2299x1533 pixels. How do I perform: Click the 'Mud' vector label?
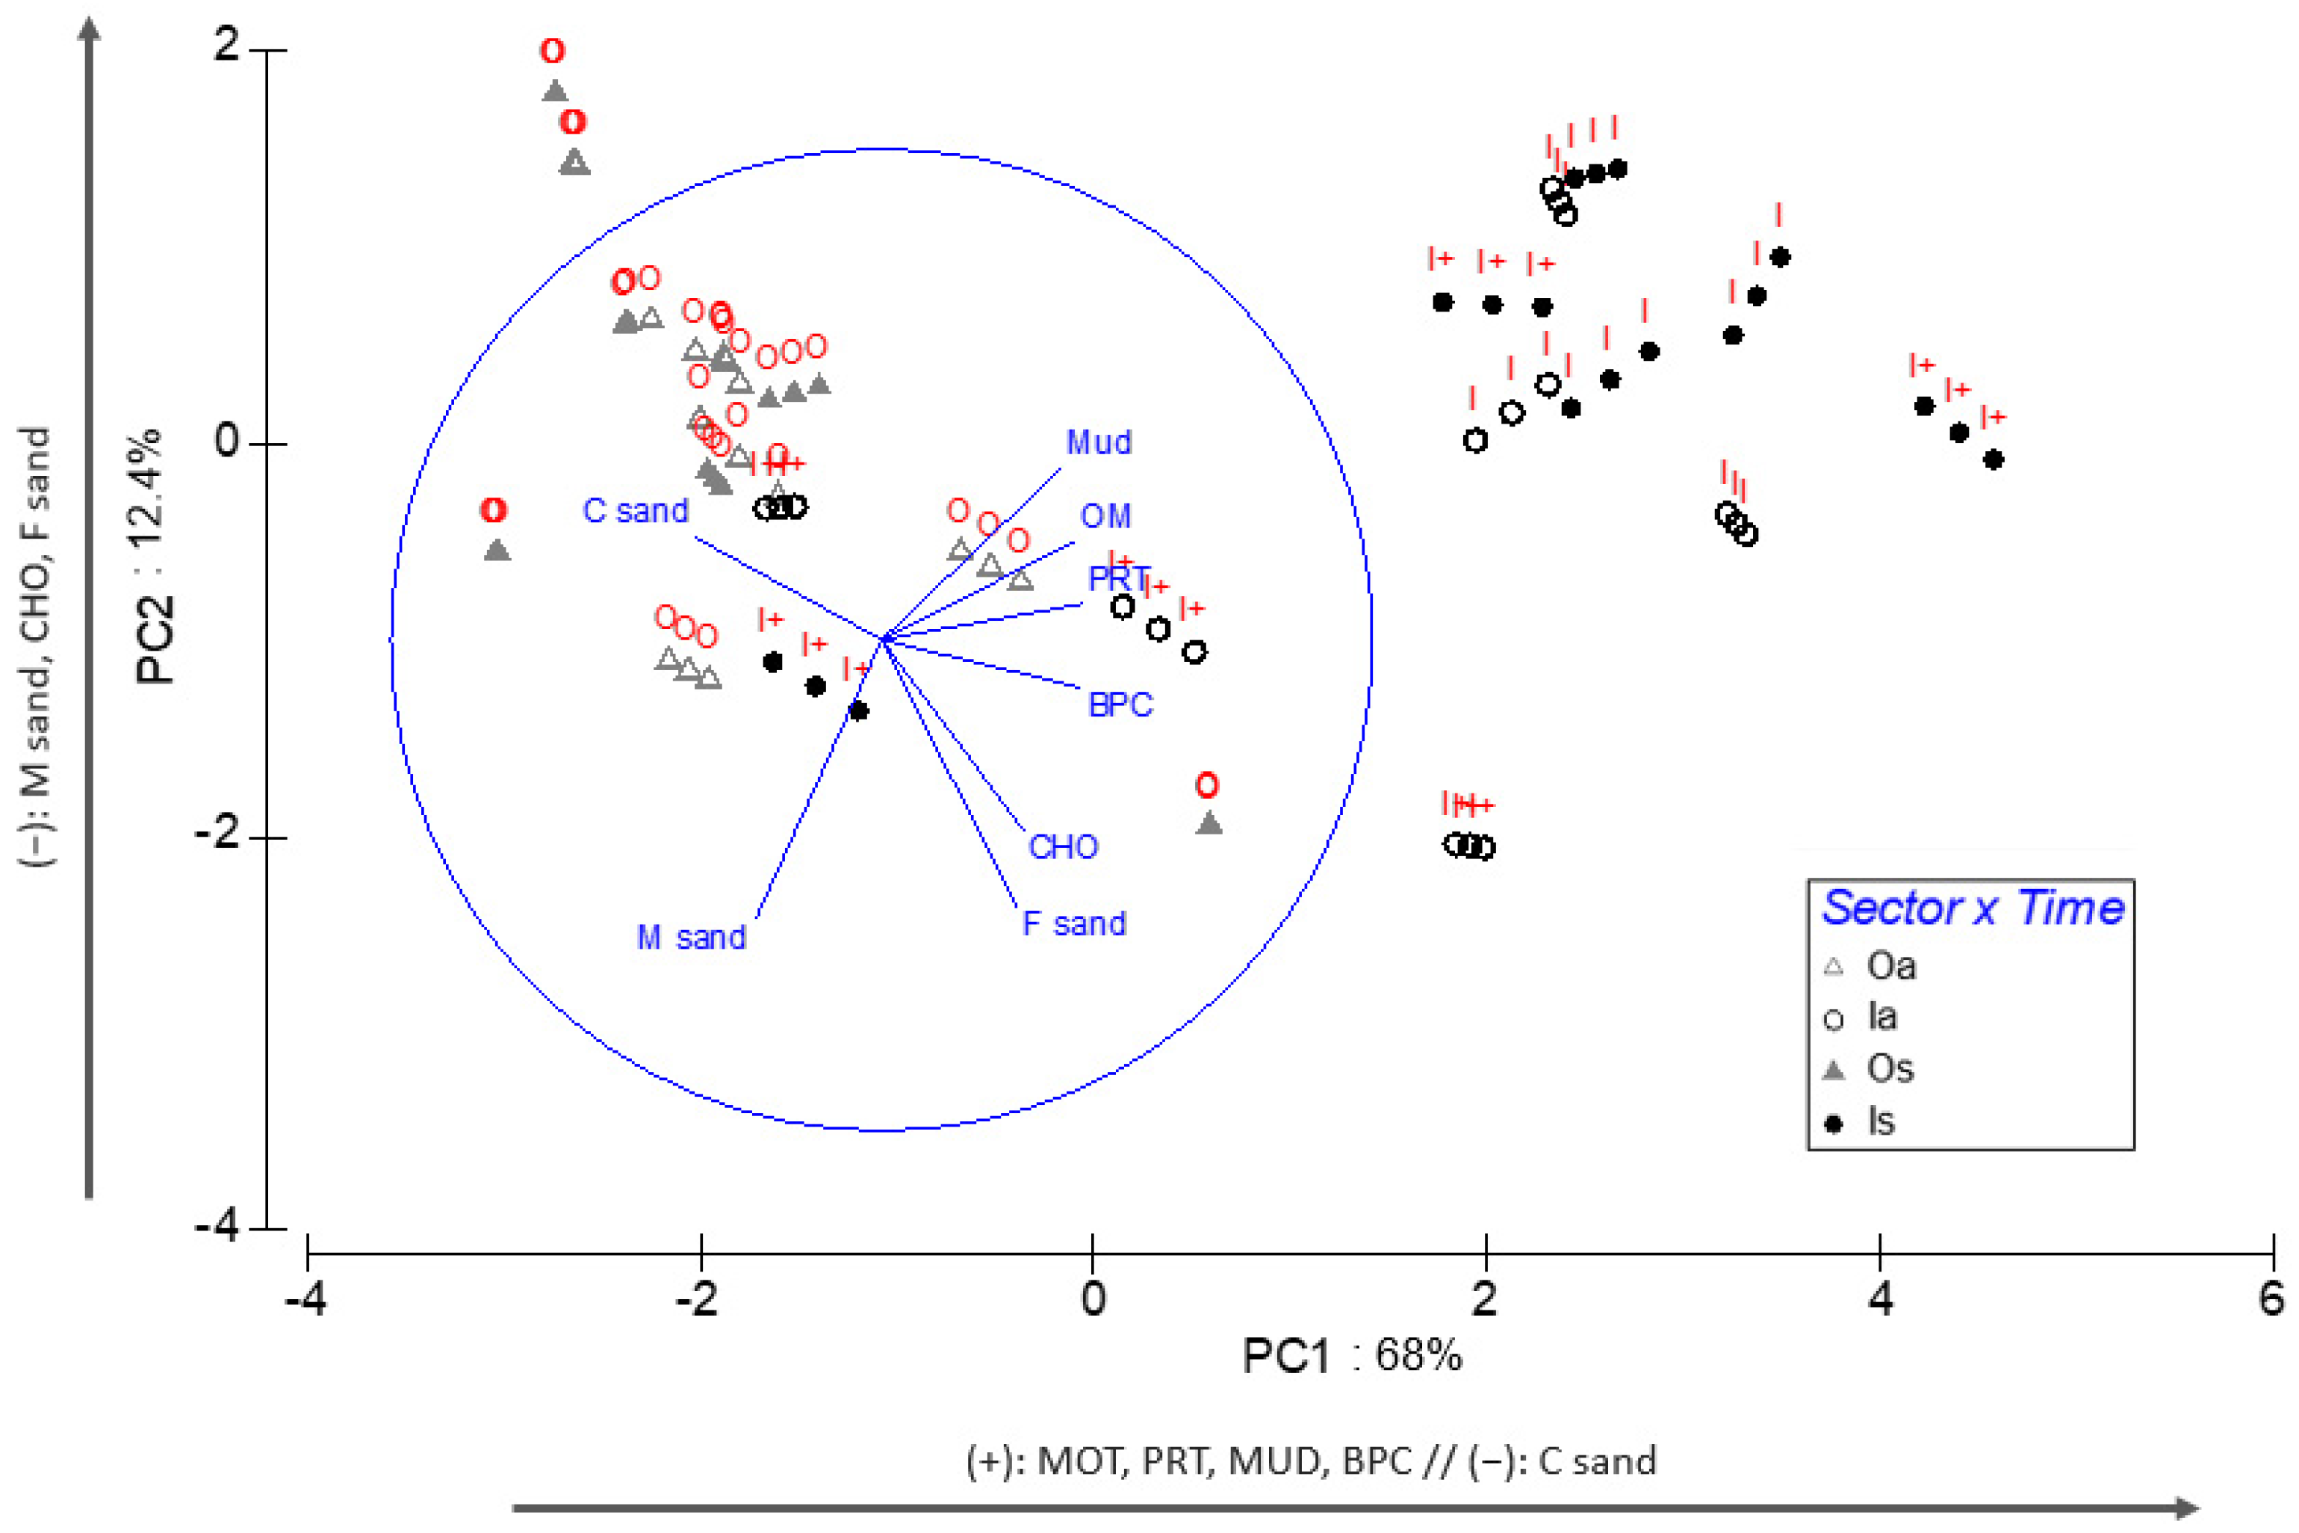(x=1099, y=443)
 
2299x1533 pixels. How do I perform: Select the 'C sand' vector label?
(x=636, y=510)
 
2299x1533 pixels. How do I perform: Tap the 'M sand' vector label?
(x=691, y=938)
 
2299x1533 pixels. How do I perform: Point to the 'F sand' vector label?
(x=1073, y=924)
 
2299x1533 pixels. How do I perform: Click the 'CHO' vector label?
(x=1063, y=846)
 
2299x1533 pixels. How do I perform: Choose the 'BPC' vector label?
(x=1120, y=705)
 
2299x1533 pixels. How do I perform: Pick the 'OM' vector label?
(x=1105, y=516)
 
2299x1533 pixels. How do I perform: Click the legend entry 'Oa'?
(x=1890, y=967)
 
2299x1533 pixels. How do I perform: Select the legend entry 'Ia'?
(x=1881, y=1018)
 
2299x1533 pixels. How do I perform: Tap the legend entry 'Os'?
(x=1890, y=1068)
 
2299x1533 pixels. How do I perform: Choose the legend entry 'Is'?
(x=1881, y=1121)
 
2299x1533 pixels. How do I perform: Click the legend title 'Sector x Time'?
(x=1973, y=908)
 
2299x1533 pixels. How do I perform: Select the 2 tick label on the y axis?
(x=227, y=45)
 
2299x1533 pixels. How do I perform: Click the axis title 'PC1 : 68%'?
(x=1352, y=1356)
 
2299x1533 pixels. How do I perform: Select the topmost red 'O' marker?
(x=552, y=51)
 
